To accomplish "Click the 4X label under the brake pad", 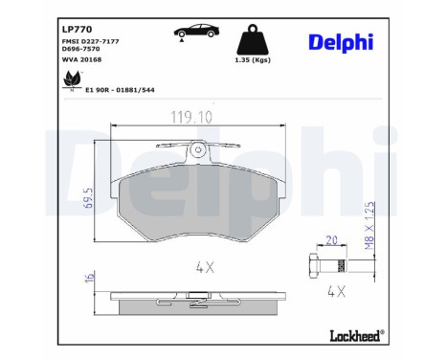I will point(203,268).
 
